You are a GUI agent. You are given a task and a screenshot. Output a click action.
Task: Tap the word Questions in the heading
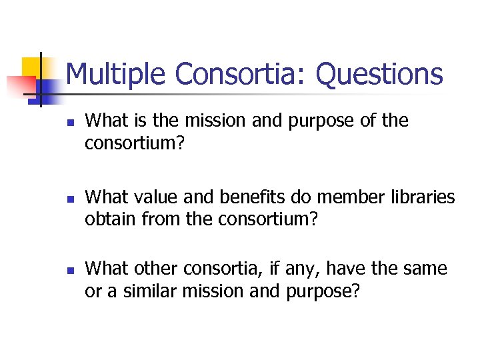[379, 74]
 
